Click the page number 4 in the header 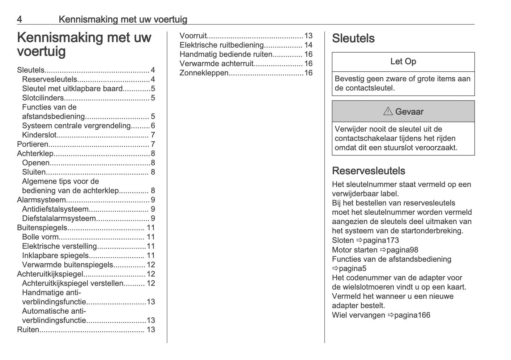point(19,19)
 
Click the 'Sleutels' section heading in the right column point(353,38)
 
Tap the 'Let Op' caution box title point(403,61)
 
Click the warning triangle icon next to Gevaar point(388,111)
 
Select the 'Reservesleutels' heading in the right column point(368,171)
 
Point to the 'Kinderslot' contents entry point(40,135)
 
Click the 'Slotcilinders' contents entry point(43,98)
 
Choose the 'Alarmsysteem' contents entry point(41,200)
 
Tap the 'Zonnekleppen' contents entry point(204,73)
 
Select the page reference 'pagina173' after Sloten point(381,240)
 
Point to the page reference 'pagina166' point(412,315)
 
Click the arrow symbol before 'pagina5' point(335,269)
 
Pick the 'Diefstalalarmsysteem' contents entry point(59,218)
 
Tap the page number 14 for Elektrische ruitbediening point(308,45)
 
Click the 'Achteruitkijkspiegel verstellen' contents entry point(73,283)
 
